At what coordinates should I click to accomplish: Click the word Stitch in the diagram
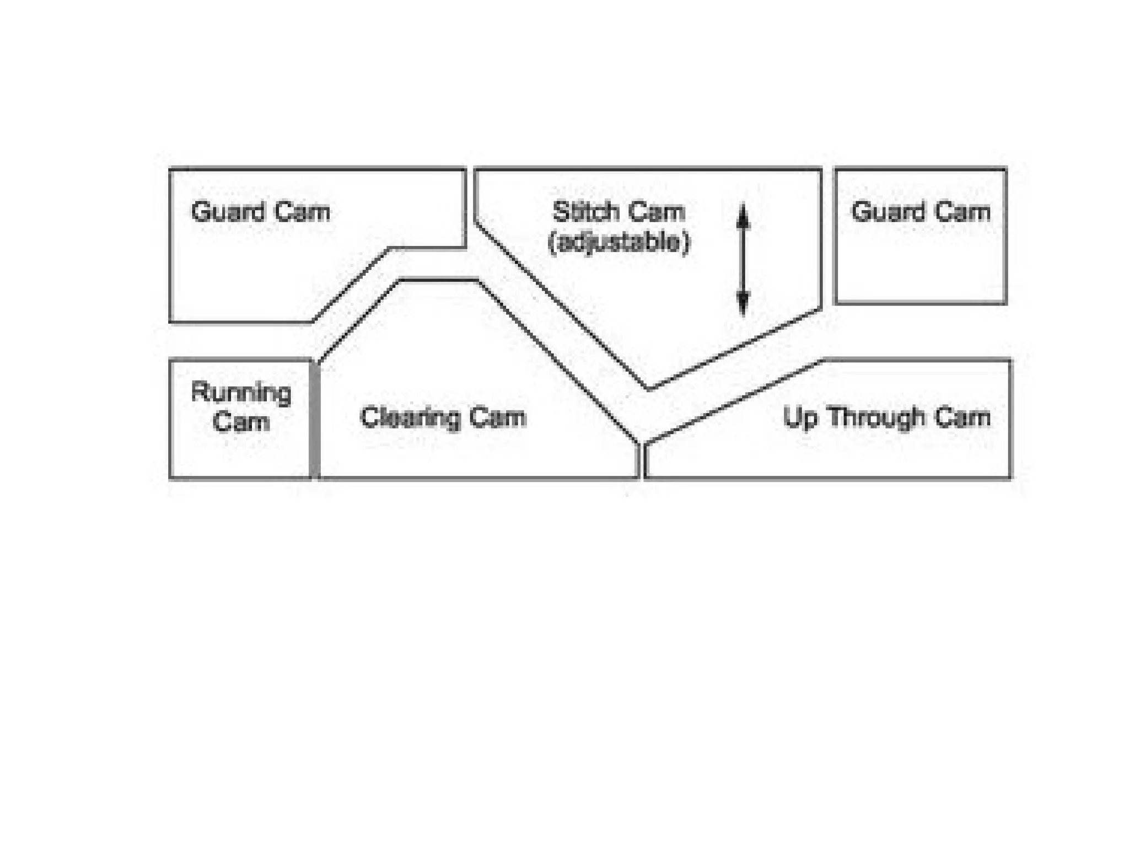coord(585,212)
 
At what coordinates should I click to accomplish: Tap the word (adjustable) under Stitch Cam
coord(619,243)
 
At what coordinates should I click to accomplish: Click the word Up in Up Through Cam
coord(799,417)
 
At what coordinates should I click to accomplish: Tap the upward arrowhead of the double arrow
coord(743,216)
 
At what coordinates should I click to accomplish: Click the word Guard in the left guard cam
coord(226,212)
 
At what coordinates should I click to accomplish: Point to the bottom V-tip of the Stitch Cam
coord(649,388)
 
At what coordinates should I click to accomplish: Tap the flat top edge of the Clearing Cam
coord(438,281)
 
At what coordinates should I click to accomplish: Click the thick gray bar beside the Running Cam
coord(314,419)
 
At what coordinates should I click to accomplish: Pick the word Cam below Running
coord(241,422)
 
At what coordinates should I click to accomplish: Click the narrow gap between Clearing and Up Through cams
coord(642,461)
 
